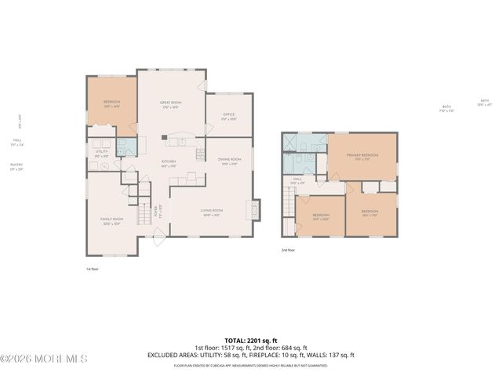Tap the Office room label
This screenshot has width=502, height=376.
point(228,117)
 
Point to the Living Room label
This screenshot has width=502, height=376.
point(212,212)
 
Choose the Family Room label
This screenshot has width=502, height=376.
point(111,221)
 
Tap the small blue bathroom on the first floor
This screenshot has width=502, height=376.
point(125,146)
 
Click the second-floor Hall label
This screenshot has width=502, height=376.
point(298,181)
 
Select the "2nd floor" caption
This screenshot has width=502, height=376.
point(288,250)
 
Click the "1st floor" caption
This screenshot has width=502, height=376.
point(93,269)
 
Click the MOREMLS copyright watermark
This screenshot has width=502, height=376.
point(44,359)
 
